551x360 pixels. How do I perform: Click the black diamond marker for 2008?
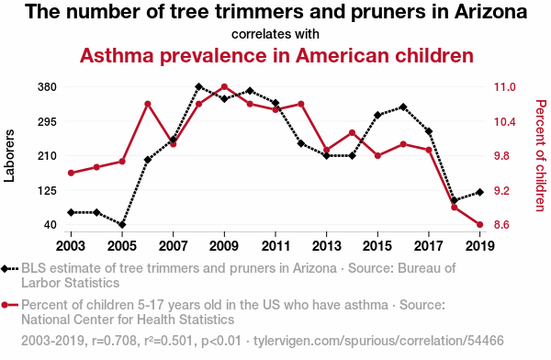[x=199, y=86]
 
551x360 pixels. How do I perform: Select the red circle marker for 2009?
[x=225, y=86]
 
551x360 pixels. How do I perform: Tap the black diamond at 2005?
[x=122, y=225]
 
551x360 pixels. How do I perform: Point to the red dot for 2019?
[x=479, y=225]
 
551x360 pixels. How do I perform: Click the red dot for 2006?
[x=148, y=104]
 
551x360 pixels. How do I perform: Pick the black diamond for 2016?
[x=403, y=107]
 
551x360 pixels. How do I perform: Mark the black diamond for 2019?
[x=479, y=192]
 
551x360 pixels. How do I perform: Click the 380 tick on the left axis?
[x=47, y=87]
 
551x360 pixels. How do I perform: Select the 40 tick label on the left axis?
[x=51, y=225]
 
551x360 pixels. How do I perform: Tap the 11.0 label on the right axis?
[x=504, y=87]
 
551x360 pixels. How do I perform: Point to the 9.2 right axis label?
[x=501, y=190]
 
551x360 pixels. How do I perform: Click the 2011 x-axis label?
[x=275, y=246]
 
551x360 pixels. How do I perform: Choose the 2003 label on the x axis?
[x=71, y=246]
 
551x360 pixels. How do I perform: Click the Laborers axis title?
[x=9, y=156]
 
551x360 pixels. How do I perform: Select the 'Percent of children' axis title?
[x=541, y=156]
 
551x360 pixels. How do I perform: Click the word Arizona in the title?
[x=491, y=12]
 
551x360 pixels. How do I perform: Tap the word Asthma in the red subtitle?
[x=117, y=55]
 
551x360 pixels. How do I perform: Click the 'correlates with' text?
[x=275, y=34]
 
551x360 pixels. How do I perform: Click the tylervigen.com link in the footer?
[x=378, y=341]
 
